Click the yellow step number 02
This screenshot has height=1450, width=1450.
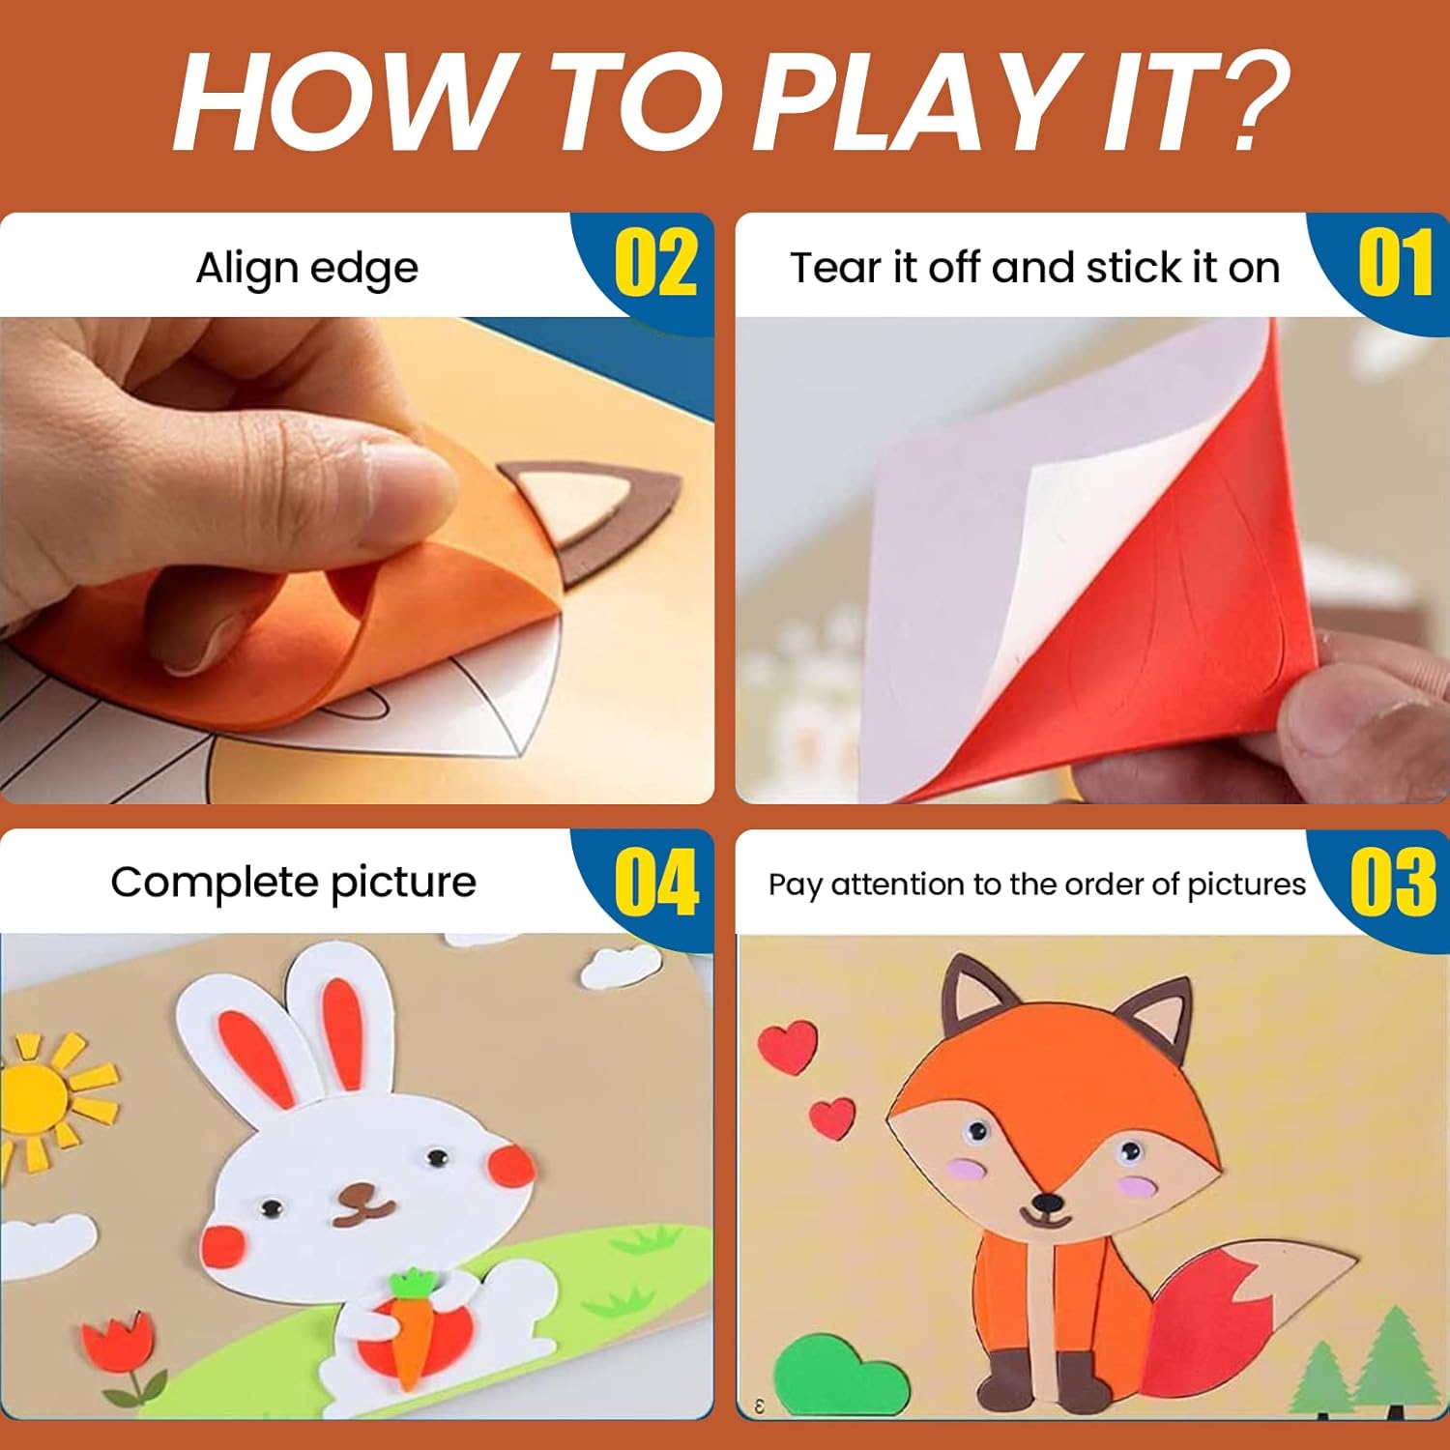(x=655, y=263)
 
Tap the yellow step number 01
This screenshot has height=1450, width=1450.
(x=1395, y=263)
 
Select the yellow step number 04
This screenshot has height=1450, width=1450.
(x=656, y=881)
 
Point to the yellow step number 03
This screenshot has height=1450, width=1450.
(x=1393, y=881)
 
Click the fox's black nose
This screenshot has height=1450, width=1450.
(x=1046, y=1203)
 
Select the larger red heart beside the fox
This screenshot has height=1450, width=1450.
(x=787, y=1048)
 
